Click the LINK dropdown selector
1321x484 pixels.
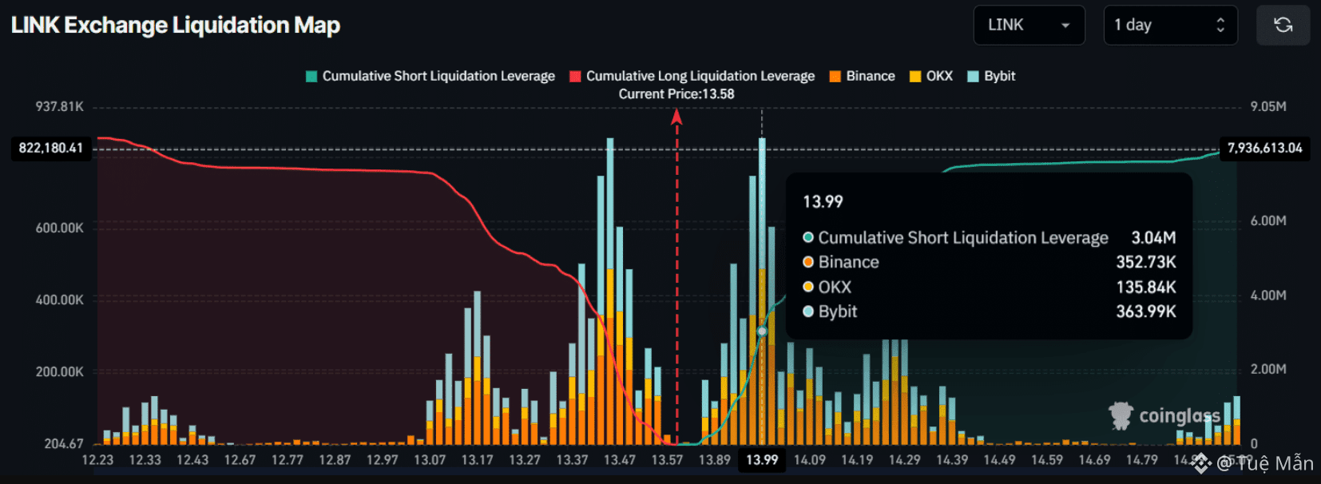(1029, 25)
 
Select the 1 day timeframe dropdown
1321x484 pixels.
(1170, 25)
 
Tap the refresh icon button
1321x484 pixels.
(1283, 25)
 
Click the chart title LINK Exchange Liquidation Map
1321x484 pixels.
(176, 26)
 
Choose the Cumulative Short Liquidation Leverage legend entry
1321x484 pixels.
(430, 76)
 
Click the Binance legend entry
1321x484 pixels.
(862, 76)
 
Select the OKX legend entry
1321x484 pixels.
(931, 76)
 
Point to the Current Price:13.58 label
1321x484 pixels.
(676, 94)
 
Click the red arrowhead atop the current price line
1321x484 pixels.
(676, 117)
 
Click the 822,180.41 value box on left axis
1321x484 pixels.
(51, 149)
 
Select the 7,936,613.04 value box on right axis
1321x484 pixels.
(1264, 149)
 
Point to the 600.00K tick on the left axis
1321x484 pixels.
(60, 228)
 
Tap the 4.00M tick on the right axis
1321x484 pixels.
(1268, 296)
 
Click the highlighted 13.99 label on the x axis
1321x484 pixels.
(762, 460)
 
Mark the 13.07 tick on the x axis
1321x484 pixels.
(430, 460)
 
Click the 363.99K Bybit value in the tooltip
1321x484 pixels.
(1145, 311)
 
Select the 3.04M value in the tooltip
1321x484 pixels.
(1153, 238)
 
